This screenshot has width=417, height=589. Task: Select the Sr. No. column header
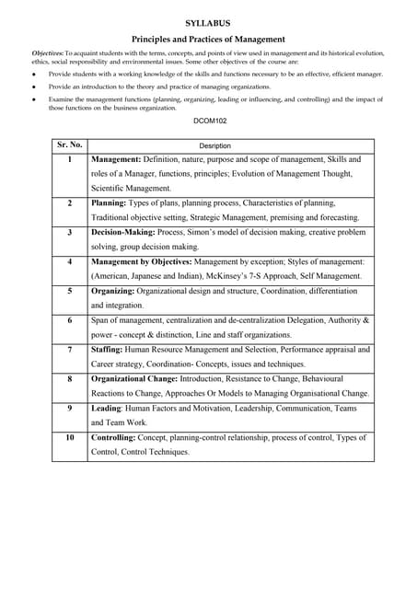(69, 144)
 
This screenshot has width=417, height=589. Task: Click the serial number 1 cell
(69, 159)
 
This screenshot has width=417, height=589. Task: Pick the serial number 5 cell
(69, 291)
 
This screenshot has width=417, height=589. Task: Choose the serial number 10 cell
(69, 437)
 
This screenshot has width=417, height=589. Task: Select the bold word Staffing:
(112, 350)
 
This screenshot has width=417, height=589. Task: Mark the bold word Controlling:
(118, 437)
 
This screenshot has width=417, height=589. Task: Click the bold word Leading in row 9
(107, 408)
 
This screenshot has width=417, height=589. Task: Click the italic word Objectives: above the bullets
(47, 56)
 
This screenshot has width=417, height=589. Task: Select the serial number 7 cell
(69, 350)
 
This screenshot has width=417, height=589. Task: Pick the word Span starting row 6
(100, 320)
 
